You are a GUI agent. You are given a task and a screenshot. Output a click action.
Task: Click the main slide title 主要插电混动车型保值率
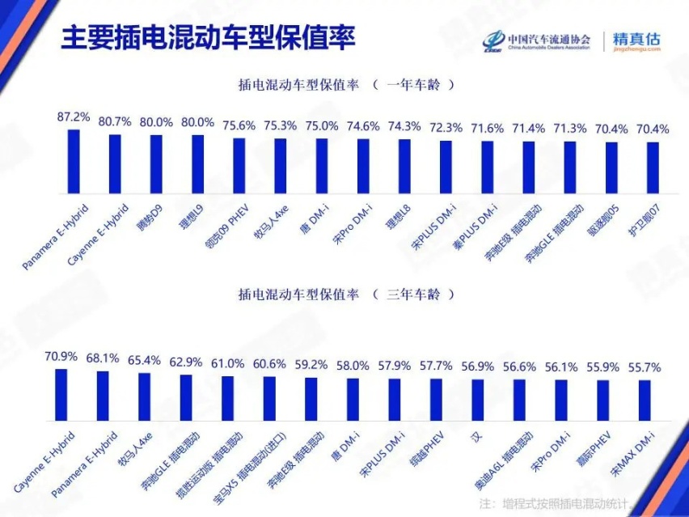[209, 38]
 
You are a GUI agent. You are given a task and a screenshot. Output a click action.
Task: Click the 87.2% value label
[74, 117]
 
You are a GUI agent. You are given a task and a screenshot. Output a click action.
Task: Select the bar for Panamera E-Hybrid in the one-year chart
[74, 162]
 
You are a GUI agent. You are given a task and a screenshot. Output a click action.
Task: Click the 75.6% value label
[239, 125]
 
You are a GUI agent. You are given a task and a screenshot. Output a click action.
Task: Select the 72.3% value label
[446, 127]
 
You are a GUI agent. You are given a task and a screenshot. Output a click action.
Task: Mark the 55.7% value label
[644, 367]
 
